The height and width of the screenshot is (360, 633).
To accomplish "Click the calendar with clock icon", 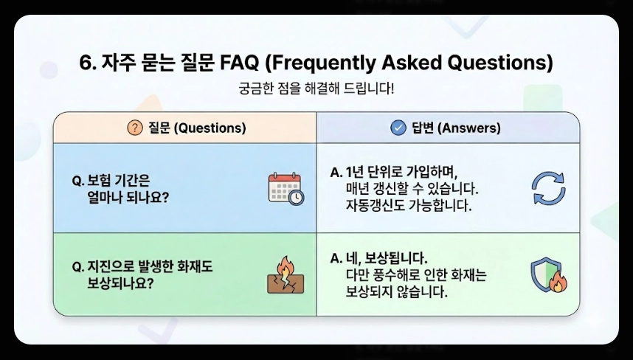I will click(285, 189).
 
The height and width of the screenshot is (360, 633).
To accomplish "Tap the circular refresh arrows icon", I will click(548, 189).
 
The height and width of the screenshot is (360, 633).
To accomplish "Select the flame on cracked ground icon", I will click(285, 275).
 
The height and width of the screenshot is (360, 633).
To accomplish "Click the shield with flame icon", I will click(548, 275).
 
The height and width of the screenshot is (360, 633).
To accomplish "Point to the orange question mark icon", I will click(134, 128).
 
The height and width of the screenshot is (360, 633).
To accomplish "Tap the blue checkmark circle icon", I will click(398, 128).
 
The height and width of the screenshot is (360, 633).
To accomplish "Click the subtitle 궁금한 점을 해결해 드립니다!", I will click(316, 89).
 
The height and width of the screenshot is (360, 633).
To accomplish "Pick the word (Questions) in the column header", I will click(210, 128).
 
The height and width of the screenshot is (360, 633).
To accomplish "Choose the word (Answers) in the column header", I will click(469, 128).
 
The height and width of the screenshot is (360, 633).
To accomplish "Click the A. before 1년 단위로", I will click(336, 173).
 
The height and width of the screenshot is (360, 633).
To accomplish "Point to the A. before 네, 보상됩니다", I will click(336, 259).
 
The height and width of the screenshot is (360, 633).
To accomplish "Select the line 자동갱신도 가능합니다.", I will click(407, 205).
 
